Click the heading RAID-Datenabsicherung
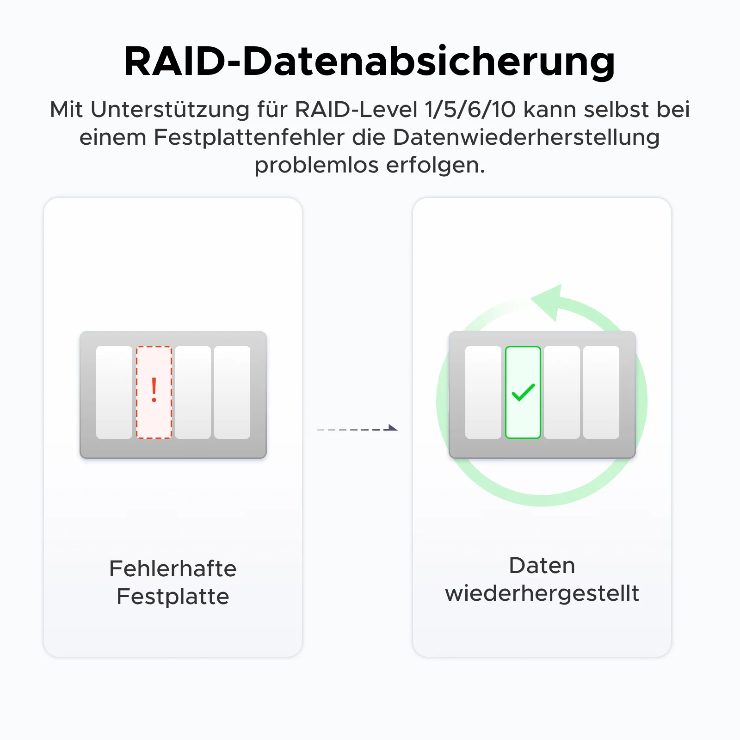click(x=370, y=62)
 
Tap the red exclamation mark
click(x=154, y=390)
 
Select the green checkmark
click(x=523, y=392)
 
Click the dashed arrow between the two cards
click(x=357, y=429)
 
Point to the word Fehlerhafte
click(x=173, y=568)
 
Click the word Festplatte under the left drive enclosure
click(x=173, y=597)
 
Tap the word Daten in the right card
click(x=542, y=566)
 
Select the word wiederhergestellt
click(x=542, y=593)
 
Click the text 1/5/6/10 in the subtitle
click(x=470, y=110)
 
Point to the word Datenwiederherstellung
click(x=526, y=137)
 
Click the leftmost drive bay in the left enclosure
click(x=114, y=392)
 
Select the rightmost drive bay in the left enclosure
click(x=232, y=392)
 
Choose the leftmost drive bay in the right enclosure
click(x=483, y=392)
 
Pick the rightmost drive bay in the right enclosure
click(x=601, y=392)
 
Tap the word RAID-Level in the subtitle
click(x=357, y=110)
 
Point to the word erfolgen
click(x=436, y=165)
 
